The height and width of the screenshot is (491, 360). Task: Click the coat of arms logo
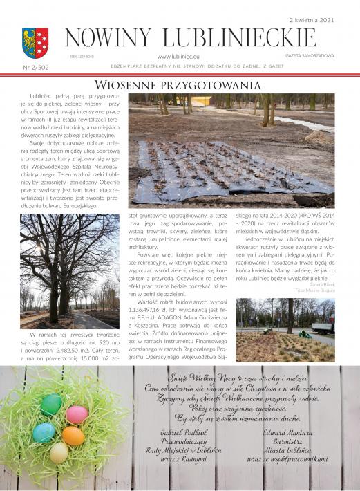pos(35,42)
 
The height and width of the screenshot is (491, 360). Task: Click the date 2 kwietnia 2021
pos(312,21)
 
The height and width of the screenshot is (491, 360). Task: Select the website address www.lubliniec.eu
pos(179,56)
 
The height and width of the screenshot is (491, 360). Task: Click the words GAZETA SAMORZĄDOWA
pos(310,55)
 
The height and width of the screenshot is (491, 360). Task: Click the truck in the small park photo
pos(323,324)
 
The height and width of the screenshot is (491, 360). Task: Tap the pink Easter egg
pos(77,414)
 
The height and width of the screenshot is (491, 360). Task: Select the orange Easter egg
pos(73,436)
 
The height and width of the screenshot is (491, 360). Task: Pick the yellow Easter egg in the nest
pos(59,453)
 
